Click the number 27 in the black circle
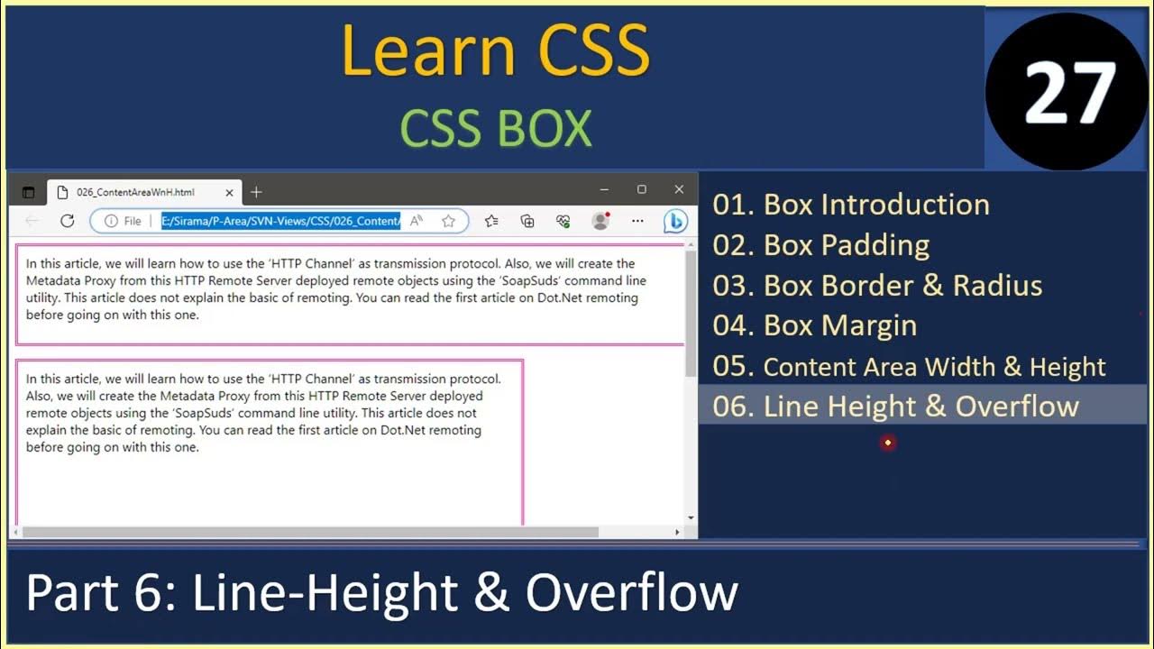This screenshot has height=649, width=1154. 1068,93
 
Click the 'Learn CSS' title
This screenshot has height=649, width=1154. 495,50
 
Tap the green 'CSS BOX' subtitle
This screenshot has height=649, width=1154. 495,129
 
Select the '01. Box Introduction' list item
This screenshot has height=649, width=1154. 851,205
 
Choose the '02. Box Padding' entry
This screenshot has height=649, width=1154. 820,245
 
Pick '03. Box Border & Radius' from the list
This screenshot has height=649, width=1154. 877,286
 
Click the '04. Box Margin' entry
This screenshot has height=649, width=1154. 814,325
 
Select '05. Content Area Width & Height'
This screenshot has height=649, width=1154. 909,367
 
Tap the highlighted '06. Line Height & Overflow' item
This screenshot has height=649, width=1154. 895,406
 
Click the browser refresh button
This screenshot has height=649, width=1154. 67,221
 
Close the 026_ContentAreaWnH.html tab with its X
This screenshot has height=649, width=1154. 229,192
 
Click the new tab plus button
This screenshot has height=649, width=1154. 256,192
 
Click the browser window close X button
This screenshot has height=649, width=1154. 679,189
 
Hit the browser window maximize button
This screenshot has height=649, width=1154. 642,189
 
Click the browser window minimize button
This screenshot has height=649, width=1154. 604,189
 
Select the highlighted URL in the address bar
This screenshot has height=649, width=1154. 280,221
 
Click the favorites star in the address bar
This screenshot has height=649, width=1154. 448,221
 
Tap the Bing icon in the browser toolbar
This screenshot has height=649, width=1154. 675,221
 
